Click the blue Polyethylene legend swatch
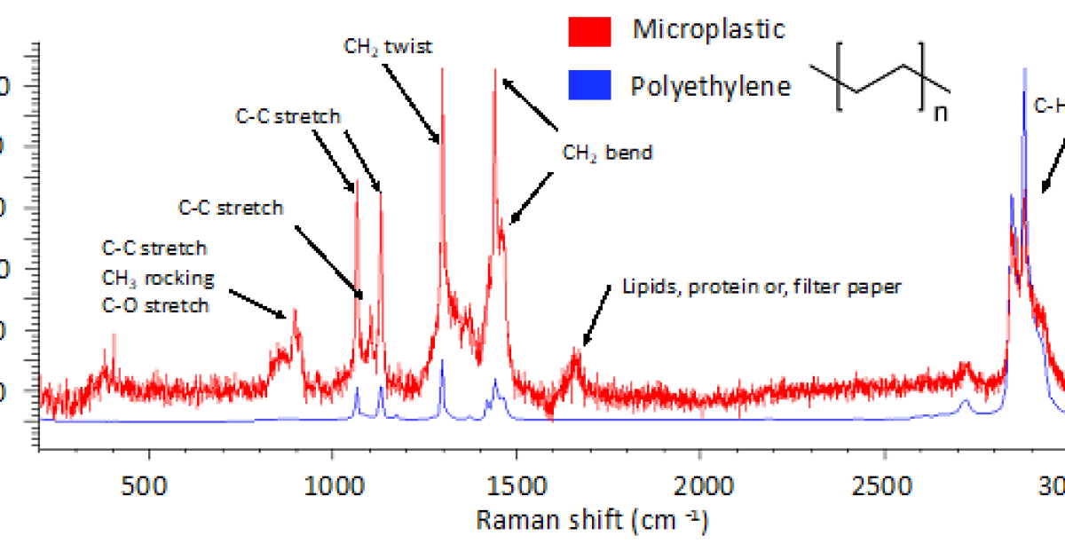pos(589,85)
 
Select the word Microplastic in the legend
pos(708,29)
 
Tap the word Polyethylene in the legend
pos(710,86)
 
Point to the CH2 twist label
pos(388,46)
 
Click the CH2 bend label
pos(607,153)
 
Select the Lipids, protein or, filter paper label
pos(761,287)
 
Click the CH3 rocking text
pos(158,278)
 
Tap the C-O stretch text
pos(156,306)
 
